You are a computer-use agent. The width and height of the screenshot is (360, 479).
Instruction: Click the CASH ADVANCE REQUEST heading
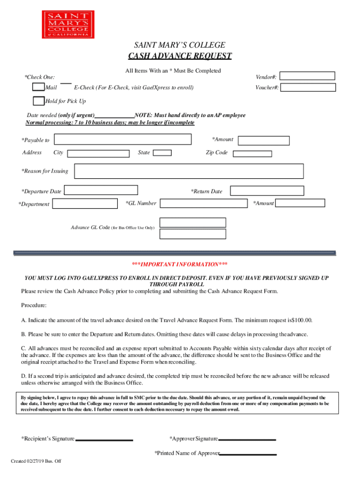[x=180, y=57]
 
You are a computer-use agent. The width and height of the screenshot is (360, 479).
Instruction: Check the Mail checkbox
[x=38, y=87]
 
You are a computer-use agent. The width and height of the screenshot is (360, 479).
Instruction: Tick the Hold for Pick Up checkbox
[x=38, y=101]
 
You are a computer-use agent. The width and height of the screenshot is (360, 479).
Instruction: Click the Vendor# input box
[x=308, y=76]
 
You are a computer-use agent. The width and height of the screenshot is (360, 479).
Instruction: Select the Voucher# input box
[x=308, y=87]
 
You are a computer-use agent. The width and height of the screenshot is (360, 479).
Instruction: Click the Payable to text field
[x=123, y=139]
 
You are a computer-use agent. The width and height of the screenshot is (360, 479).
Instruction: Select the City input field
[x=98, y=153]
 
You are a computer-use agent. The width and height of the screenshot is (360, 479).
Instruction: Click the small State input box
[x=162, y=152]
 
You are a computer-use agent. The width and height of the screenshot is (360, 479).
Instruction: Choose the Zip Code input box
[x=252, y=153]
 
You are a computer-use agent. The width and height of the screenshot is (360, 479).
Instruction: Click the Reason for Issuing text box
[x=189, y=171]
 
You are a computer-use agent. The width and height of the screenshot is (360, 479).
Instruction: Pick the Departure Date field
[x=101, y=190]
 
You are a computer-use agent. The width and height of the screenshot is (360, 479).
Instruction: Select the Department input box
[x=85, y=203]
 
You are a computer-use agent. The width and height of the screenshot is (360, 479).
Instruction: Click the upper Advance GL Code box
[x=193, y=222]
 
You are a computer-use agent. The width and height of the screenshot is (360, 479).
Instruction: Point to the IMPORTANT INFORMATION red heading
[x=180, y=264]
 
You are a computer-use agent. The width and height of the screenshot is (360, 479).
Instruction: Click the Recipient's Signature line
[x=104, y=440]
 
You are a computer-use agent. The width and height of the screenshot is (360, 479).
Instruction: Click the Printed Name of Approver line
[x=248, y=454]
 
